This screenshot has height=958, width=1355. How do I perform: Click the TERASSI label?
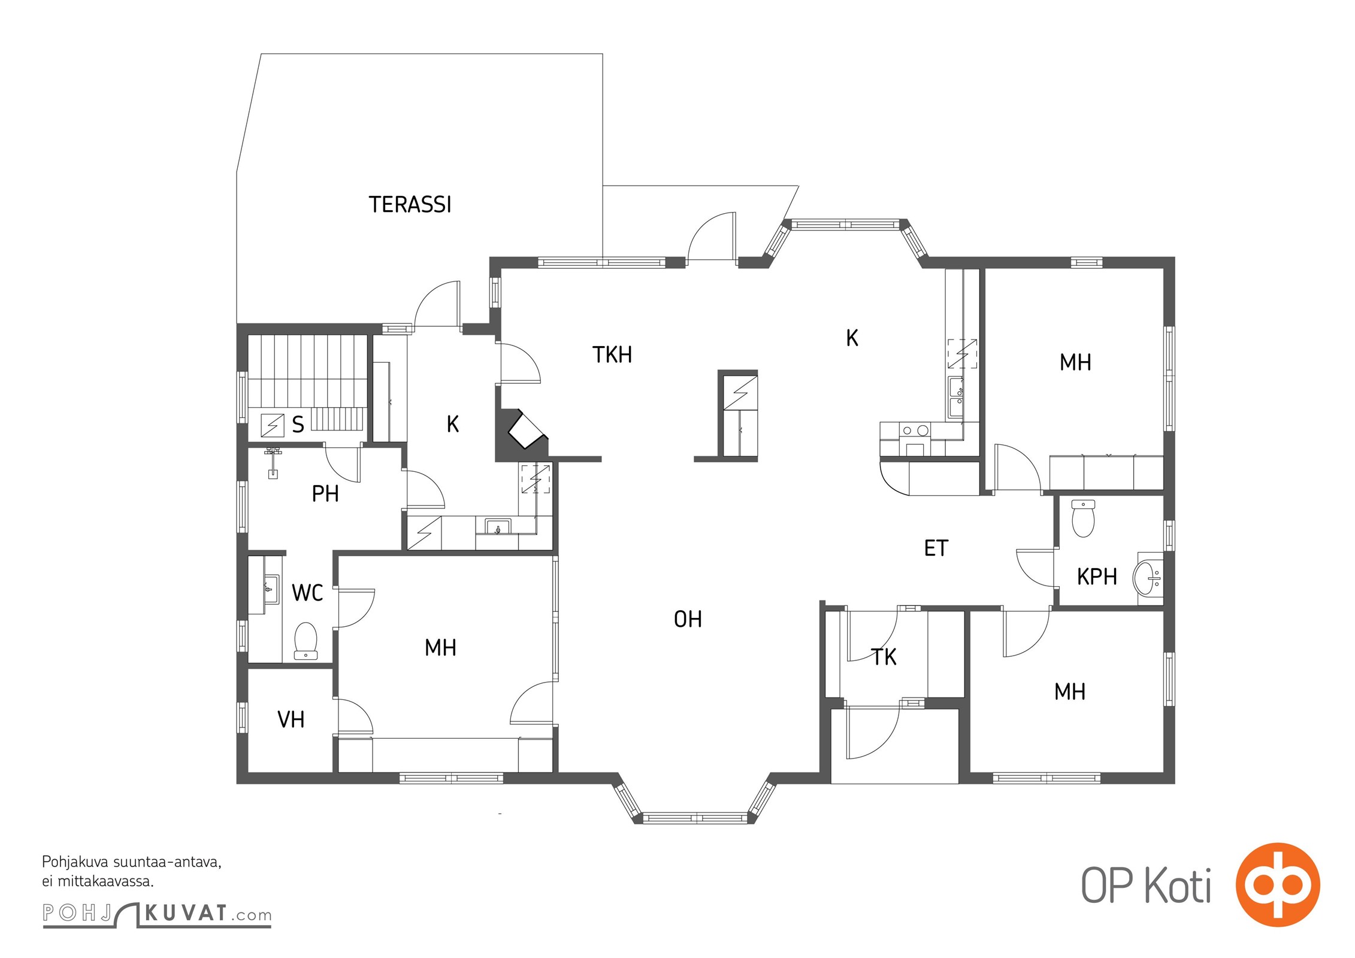[410, 205]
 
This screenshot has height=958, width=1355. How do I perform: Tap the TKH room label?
[612, 355]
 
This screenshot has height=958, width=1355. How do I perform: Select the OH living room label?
[688, 619]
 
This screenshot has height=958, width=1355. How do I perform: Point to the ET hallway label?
[936, 548]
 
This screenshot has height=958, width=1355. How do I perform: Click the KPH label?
[1097, 577]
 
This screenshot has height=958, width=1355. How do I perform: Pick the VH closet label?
[291, 719]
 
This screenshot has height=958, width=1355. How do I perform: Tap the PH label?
[325, 494]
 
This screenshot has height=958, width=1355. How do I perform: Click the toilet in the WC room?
[306, 641]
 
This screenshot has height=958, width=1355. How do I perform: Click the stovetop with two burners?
[915, 430]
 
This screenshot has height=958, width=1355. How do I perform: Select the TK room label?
[884, 657]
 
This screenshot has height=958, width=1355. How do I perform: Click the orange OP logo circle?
[1278, 884]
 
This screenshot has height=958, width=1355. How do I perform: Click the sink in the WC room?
[270, 590]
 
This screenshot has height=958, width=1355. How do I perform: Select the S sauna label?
[298, 425]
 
